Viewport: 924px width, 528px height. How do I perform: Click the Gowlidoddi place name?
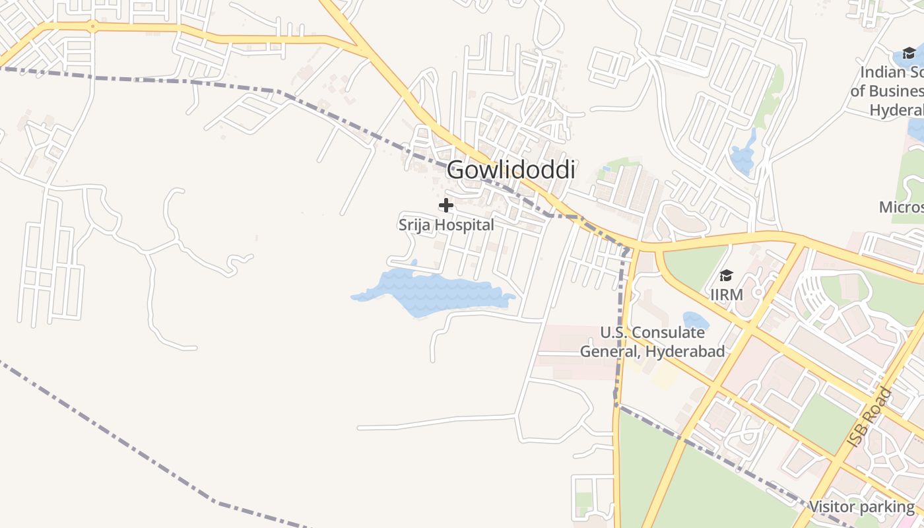[511, 170]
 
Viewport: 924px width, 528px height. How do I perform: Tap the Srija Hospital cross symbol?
[446, 205]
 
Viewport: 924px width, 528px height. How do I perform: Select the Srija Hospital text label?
[446, 225]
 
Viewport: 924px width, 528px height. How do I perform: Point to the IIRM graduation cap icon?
[726, 275]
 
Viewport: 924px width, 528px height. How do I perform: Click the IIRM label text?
[727, 294]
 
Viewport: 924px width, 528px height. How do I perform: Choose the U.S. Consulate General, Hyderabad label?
[652, 342]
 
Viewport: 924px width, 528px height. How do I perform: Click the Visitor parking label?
[861, 507]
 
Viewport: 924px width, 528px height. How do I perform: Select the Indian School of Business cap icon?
[909, 53]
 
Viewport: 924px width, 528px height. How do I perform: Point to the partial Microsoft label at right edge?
[902, 207]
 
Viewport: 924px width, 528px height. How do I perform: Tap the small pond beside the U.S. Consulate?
[695, 321]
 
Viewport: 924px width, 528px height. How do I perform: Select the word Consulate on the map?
[669, 333]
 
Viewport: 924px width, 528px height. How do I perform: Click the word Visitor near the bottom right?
[832, 507]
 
